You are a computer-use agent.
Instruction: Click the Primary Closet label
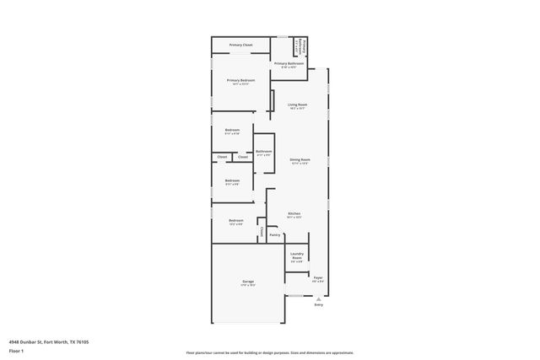coord(240,45)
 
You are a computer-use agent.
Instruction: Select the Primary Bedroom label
coord(240,80)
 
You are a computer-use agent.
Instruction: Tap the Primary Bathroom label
coord(289,63)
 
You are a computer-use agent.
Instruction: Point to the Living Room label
coord(297,105)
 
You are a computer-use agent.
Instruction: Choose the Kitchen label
coord(294,213)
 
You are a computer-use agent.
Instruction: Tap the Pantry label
coord(275,235)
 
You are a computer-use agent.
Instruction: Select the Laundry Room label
coord(297,255)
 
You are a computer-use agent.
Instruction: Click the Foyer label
coord(318,277)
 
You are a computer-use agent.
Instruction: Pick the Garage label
coord(249,281)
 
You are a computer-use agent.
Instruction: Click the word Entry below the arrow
coord(318,304)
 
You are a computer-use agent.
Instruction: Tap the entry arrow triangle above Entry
coord(318,298)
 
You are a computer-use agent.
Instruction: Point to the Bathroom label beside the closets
coord(264,151)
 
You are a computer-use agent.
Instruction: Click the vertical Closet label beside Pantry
coord(262,231)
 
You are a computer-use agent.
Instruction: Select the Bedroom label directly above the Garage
coord(236,220)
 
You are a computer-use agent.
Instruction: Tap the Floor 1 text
coord(16,350)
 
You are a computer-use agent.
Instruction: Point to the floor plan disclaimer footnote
coord(269,353)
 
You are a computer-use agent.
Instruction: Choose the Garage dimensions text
coord(249,285)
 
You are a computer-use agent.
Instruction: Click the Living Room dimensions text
coord(297,109)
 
